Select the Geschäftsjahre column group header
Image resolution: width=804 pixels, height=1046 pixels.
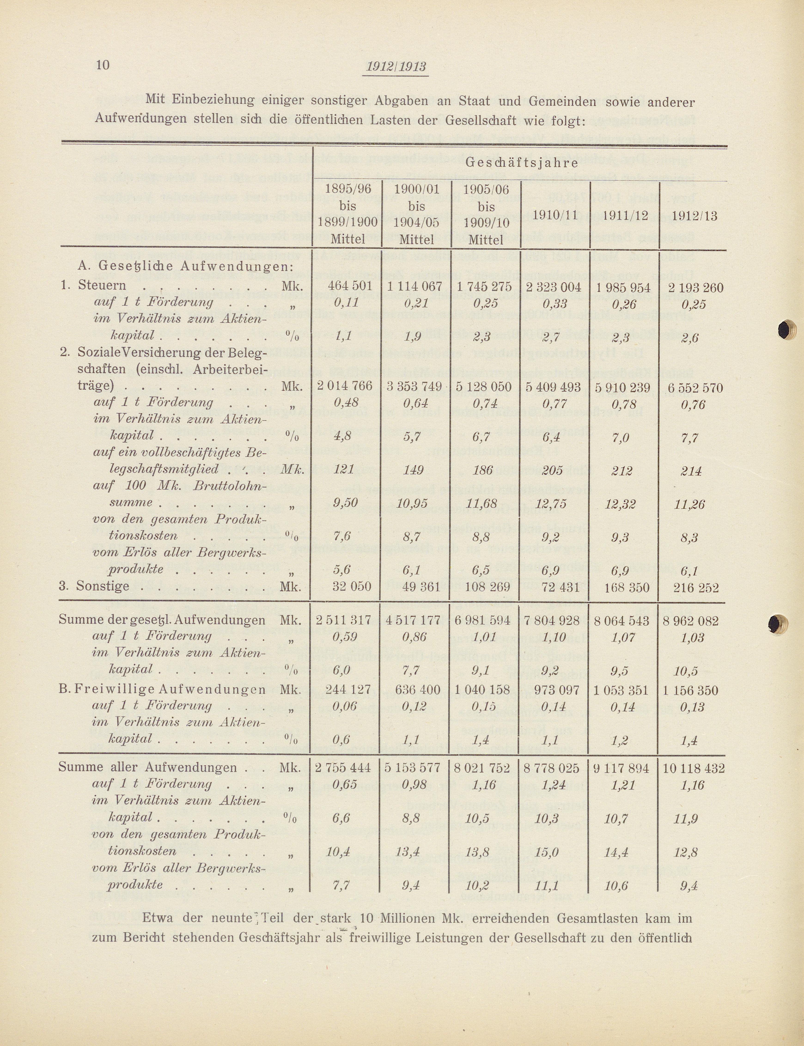(522, 163)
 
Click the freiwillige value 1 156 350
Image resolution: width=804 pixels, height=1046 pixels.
(694, 690)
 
